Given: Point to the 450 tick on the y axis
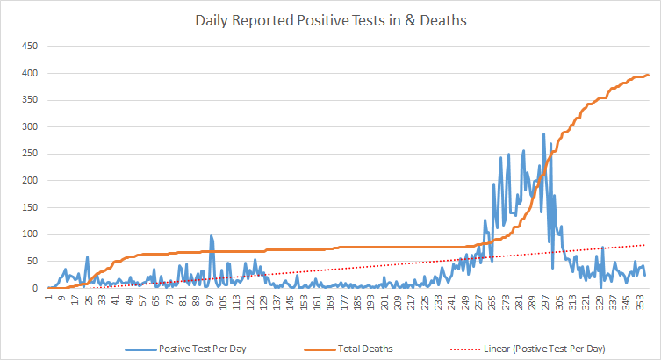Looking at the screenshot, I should tap(29, 46).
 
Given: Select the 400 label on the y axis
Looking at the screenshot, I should tap(29, 73).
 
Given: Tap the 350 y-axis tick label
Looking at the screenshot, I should tap(29, 100).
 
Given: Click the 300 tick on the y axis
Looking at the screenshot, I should tap(29, 127).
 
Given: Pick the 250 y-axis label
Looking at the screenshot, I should tap(29, 154).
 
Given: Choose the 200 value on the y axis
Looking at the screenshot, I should tap(29, 181).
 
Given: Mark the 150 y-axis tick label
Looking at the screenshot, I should tap(29, 208).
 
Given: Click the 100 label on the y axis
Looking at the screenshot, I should tap(29, 234).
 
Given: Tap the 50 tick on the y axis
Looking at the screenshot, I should tap(32, 262).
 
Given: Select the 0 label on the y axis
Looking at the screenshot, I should tap(34, 289).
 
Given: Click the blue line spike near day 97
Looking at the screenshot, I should tap(212, 236).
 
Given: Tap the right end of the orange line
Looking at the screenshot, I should tap(647, 76).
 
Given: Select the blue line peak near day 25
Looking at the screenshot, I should tap(87, 257).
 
